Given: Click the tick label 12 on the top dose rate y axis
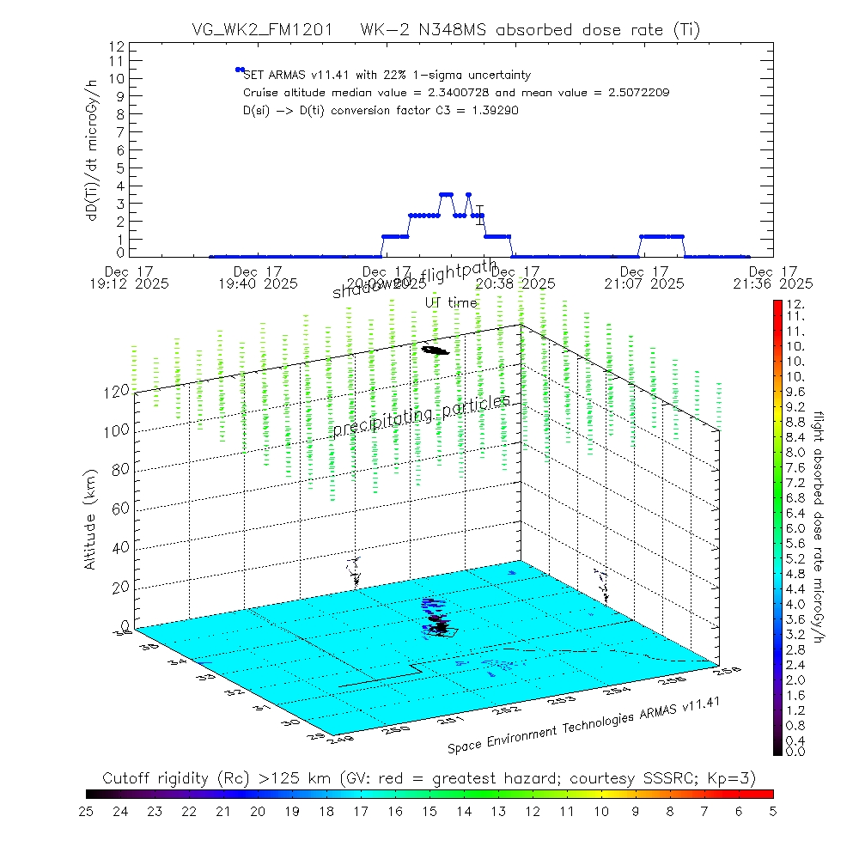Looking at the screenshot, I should pyautogui.click(x=118, y=46).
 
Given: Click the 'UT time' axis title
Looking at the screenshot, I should pyautogui.click(x=451, y=302).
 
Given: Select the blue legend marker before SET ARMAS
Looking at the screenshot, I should pyautogui.click(x=240, y=70).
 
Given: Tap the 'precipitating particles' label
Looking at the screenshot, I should pyautogui.click(x=421, y=415).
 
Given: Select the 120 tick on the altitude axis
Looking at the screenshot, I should pyautogui.click(x=118, y=391).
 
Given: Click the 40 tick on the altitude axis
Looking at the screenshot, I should pyautogui.click(x=120, y=547).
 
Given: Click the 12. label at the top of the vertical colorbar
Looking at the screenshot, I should pyautogui.click(x=793, y=305).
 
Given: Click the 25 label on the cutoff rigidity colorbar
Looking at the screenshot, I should pyautogui.click(x=86, y=810).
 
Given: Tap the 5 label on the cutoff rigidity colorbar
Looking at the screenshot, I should pyautogui.click(x=773, y=810).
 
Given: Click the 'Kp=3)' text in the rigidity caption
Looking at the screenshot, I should pyautogui.click(x=735, y=778).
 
